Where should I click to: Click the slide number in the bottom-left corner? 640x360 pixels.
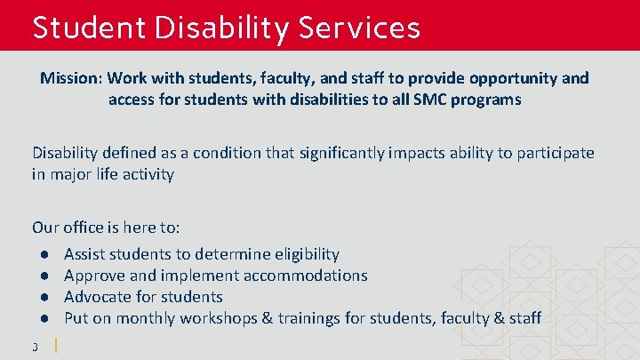pos(35,346)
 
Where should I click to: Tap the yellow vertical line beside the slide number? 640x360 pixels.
pos(57,345)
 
